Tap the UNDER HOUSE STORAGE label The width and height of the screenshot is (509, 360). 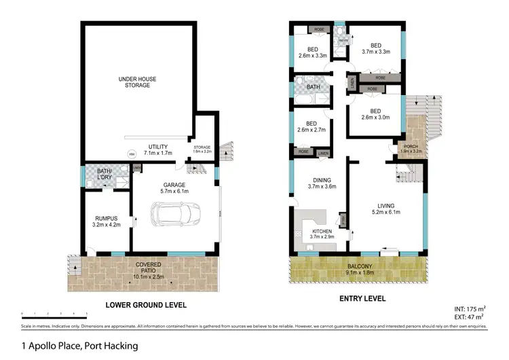138,83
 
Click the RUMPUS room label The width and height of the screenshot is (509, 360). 107,221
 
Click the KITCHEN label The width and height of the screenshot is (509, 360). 322,234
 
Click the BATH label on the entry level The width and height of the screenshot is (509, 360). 313,88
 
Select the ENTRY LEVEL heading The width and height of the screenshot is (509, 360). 362,299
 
